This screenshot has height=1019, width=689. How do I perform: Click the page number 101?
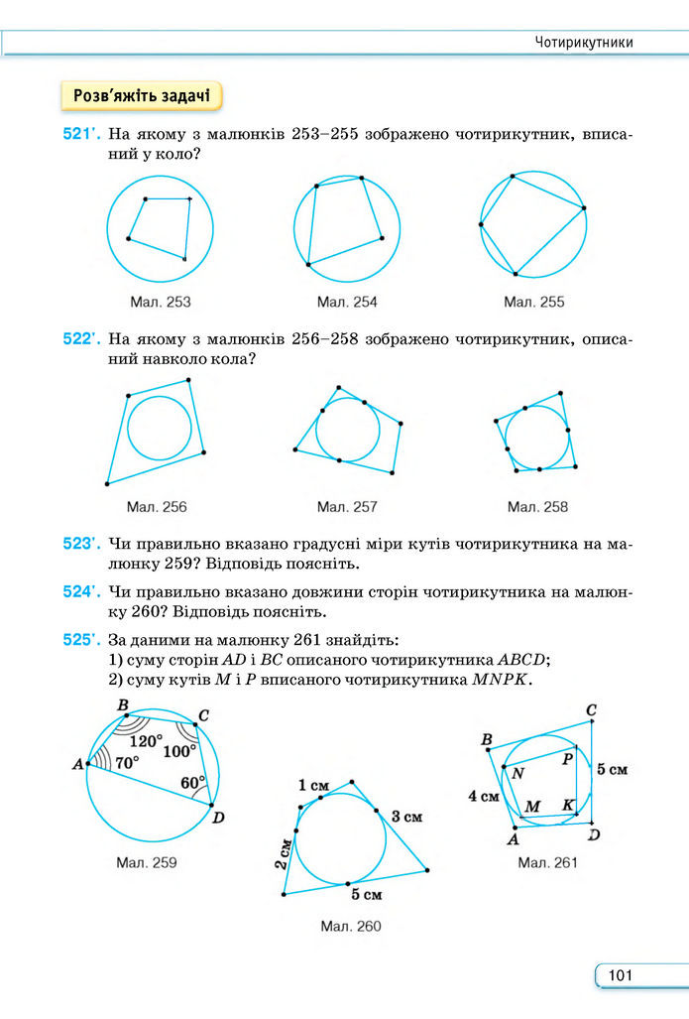click(x=621, y=976)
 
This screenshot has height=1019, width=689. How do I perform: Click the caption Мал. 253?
click(x=160, y=302)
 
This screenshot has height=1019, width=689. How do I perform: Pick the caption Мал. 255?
click(x=533, y=302)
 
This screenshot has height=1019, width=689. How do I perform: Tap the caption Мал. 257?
click(x=347, y=507)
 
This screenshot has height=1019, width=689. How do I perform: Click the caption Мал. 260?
click(x=350, y=926)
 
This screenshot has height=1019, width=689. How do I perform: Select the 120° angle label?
click(x=146, y=740)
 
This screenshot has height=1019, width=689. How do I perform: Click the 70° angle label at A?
click(x=126, y=763)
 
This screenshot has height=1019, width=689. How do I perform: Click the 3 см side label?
click(x=406, y=817)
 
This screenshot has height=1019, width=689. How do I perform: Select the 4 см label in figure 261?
click(x=484, y=796)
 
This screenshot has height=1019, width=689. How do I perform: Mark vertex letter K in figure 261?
click(x=568, y=805)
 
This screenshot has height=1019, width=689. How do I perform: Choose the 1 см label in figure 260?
click(x=313, y=786)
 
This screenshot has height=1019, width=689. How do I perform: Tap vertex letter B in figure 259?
click(x=124, y=705)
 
